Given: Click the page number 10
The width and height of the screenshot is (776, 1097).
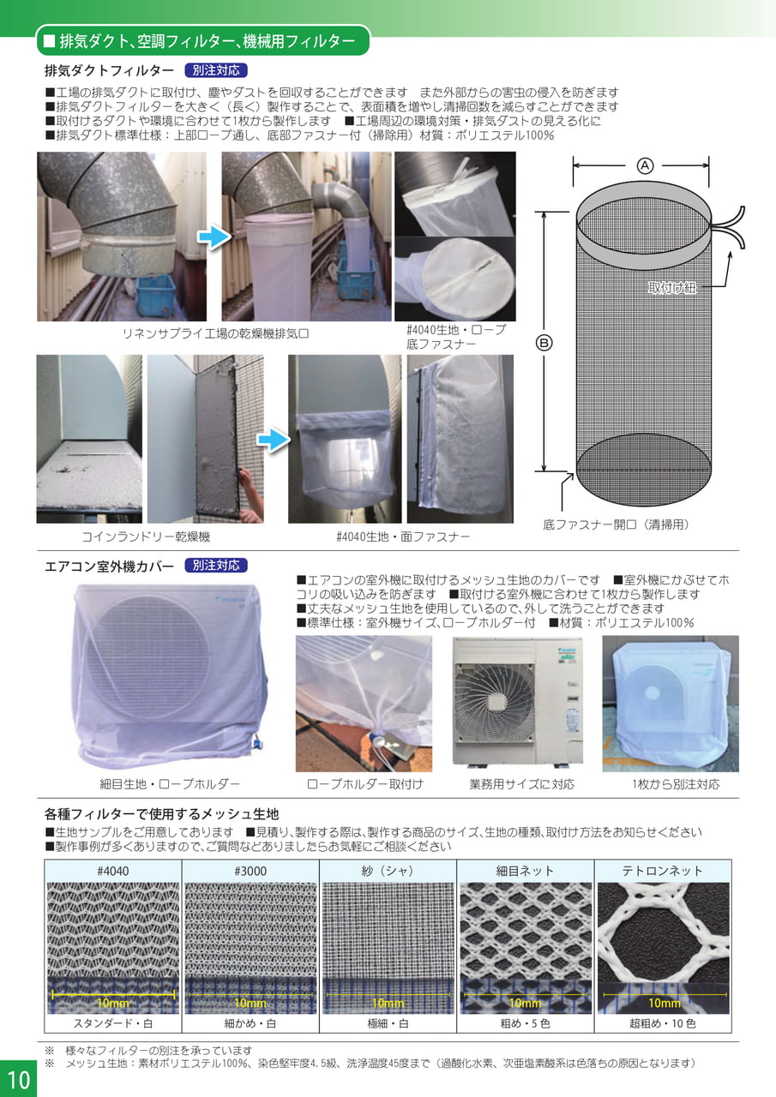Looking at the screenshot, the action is [19, 1079].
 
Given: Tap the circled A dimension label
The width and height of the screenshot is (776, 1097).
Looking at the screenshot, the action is [645, 166].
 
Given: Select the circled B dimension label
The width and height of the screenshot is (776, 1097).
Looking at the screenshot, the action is [544, 343].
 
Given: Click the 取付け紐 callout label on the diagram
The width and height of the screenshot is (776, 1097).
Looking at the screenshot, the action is [672, 287].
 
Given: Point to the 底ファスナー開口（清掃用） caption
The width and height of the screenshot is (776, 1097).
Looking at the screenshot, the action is [616, 525].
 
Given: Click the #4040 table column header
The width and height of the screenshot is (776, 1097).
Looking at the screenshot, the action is [112, 871].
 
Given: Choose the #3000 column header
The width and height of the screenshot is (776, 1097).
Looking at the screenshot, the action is [250, 871].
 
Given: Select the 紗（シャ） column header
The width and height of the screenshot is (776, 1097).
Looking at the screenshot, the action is [388, 871].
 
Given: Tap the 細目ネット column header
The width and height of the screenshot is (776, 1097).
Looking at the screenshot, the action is [525, 871].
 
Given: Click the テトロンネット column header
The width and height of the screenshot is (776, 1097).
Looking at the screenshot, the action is [662, 871].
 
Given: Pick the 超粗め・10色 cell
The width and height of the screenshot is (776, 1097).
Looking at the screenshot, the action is [662, 1023].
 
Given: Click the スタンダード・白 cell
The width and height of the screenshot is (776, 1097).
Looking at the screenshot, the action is [112, 1023].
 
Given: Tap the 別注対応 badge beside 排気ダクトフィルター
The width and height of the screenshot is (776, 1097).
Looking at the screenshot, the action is [216, 70].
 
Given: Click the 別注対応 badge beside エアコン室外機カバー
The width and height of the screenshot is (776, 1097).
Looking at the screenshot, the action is [216, 566].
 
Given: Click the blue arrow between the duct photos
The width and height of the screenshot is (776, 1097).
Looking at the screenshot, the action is [214, 237].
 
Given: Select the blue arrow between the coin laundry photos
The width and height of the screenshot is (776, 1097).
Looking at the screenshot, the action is [274, 440].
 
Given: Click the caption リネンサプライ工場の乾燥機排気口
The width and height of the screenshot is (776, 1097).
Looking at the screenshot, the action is [215, 334].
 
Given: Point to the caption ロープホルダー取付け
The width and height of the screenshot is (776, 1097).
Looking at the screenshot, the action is [365, 784].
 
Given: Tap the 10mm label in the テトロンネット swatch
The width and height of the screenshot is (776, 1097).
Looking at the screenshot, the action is [665, 1003].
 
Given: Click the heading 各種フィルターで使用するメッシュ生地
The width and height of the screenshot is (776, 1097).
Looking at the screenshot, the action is [162, 814].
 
